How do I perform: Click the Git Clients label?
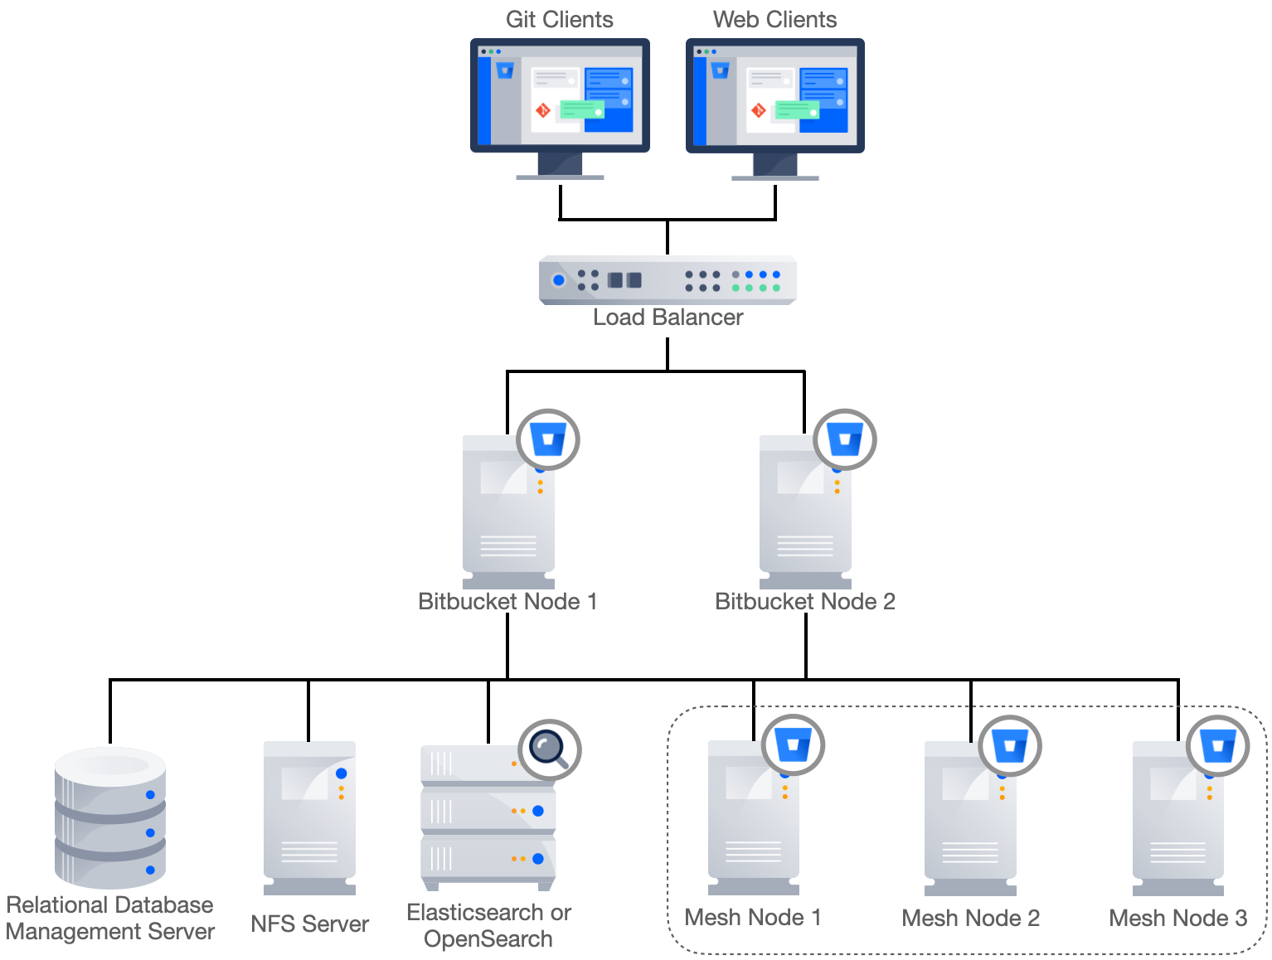(560, 20)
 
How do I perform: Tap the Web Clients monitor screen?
(775, 96)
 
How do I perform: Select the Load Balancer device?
(668, 280)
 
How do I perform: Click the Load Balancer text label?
(668, 318)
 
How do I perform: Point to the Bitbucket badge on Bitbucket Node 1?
(548, 439)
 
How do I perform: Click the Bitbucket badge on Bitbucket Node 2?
(845, 439)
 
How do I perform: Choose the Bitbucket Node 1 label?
(507, 602)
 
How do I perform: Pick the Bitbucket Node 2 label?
(805, 602)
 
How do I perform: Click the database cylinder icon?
(110, 817)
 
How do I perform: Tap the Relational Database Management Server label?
(110, 918)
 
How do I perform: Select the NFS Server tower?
(309, 817)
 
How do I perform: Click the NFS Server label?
(309, 924)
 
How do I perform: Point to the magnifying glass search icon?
(549, 750)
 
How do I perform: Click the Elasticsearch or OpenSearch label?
(488, 926)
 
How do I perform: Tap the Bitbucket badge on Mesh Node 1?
(794, 745)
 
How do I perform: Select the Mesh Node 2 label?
(970, 919)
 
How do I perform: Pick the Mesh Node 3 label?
(1177, 919)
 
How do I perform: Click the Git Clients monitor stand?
(560, 166)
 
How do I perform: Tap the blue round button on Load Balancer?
(559, 280)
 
